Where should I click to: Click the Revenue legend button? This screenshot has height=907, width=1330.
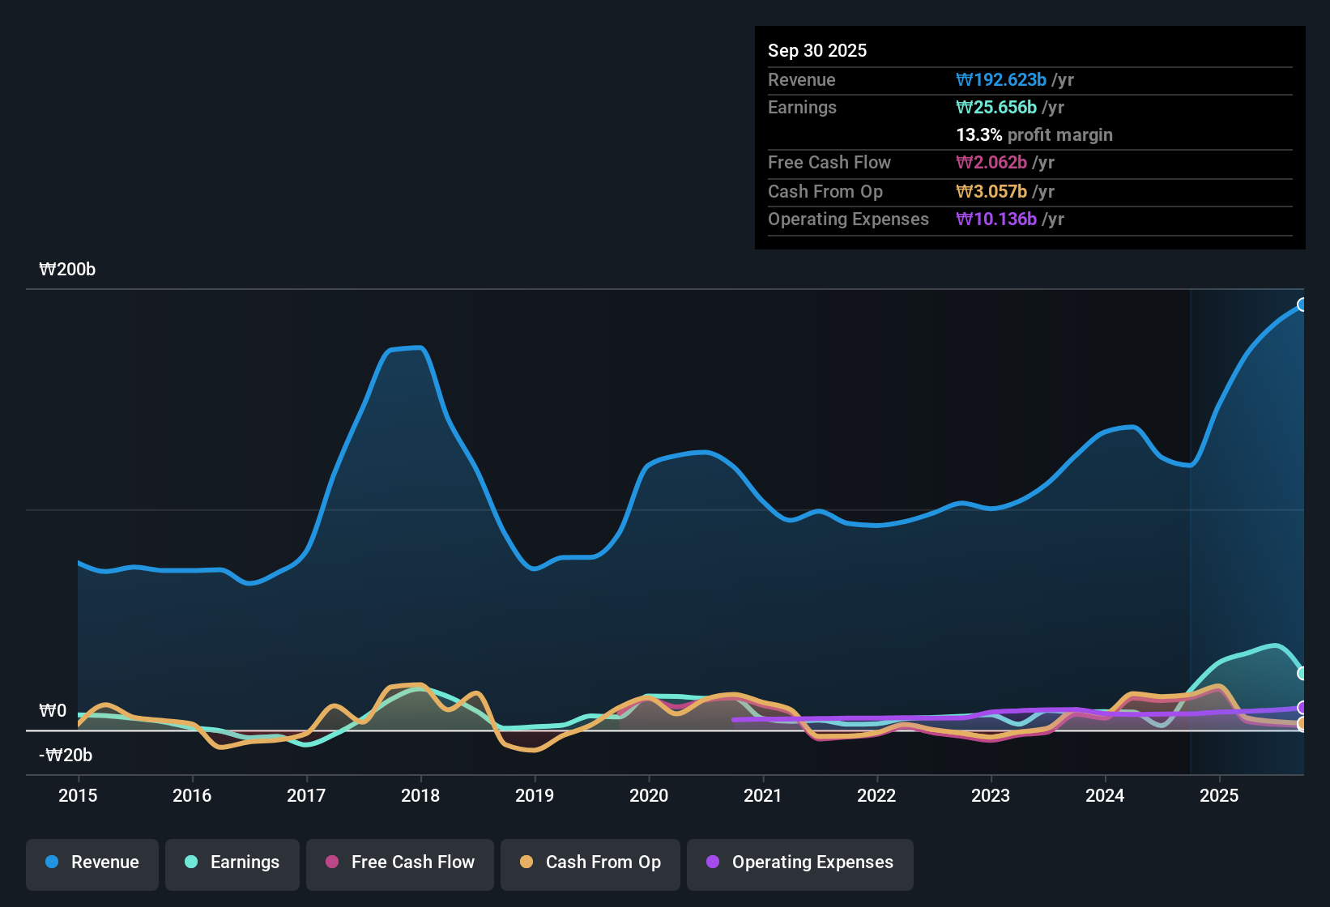(x=92, y=862)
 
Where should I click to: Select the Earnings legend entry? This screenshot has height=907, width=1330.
(x=232, y=862)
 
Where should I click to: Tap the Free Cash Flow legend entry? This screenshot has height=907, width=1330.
(x=400, y=862)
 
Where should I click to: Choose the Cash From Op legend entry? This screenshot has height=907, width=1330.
(x=590, y=862)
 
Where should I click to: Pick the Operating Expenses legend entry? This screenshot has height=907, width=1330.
(x=800, y=862)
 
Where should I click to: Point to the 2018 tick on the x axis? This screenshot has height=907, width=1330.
(x=420, y=795)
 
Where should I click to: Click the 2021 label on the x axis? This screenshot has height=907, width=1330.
(x=763, y=795)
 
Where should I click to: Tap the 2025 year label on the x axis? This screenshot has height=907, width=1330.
(x=1219, y=795)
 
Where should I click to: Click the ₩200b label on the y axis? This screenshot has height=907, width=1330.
(x=67, y=270)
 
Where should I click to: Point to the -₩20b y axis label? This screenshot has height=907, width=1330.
(x=66, y=756)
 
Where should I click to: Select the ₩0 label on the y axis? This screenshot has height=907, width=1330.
(x=53, y=711)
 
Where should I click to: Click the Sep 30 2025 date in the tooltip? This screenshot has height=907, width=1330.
(x=817, y=50)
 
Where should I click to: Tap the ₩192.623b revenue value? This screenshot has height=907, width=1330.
(x=1001, y=80)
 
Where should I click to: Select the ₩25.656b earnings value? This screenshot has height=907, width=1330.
(x=996, y=108)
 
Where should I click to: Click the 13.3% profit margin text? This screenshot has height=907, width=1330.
(x=1034, y=135)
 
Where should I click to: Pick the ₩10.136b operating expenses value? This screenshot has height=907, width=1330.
(x=996, y=219)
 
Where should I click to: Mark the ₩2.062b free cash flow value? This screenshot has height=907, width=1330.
(x=991, y=163)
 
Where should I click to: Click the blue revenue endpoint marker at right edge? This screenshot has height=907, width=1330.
(x=1302, y=304)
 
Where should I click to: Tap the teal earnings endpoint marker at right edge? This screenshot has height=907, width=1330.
(x=1302, y=673)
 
